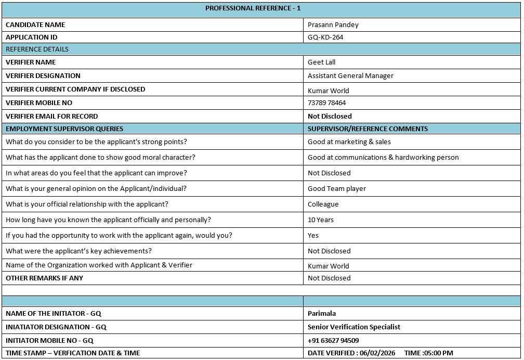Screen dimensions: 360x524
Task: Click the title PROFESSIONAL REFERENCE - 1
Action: (253, 8)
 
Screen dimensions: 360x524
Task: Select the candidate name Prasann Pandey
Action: (333, 24)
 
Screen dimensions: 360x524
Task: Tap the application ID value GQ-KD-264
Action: (325, 37)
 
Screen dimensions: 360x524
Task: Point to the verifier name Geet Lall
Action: (321, 62)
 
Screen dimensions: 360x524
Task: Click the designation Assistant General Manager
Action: (350, 76)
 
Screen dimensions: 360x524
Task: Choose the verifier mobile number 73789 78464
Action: (326, 103)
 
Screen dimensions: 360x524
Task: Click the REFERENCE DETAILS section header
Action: (37, 49)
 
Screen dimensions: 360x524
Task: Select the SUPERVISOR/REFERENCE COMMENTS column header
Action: (368, 129)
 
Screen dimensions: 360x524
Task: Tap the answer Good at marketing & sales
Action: (349, 142)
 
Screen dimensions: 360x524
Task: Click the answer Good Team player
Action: (337, 189)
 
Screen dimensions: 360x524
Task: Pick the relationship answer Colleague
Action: (323, 204)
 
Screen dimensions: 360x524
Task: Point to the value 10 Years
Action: (321, 220)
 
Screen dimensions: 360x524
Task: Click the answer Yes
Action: (313, 236)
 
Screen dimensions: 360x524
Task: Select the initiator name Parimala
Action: (322, 314)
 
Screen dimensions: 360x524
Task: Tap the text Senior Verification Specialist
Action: (353, 327)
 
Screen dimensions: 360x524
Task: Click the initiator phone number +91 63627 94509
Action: (333, 341)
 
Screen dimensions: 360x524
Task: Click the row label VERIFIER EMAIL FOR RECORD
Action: (51, 117)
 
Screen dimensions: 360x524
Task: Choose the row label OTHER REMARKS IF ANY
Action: (44, 278)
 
